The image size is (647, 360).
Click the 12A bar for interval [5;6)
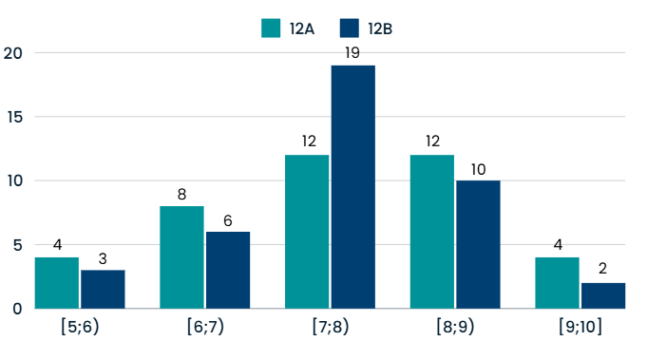click(57, 283)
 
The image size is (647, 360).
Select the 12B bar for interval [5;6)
click(103, 290)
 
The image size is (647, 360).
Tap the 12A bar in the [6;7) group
click(181, 257)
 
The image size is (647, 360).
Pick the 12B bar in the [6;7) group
click(228, 271)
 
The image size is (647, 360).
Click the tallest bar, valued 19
click(352, 187)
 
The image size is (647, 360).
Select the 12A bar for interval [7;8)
click(307, 232)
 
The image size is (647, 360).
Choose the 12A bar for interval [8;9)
click(431, 232)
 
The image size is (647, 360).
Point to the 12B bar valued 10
click(478, 244)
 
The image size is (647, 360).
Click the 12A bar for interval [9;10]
click(557, 283)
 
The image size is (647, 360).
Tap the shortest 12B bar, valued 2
click(603, 295)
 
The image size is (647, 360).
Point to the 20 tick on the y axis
click(12, 53)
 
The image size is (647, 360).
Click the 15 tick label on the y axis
click(12, 117)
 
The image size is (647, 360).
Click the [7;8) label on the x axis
click(330, 328)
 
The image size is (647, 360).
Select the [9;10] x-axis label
click(580, 328)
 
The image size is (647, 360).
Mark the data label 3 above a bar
click(103, 258)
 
